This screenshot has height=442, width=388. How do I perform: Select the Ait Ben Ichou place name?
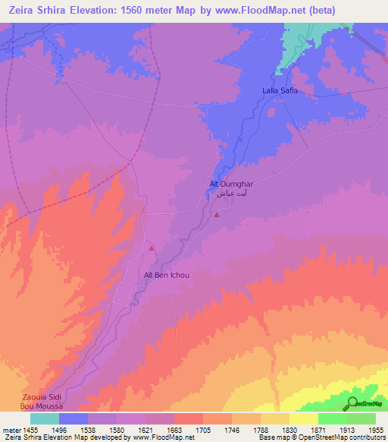[x=166, y=275]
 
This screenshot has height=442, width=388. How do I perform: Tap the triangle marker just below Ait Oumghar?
[x=217, y=215]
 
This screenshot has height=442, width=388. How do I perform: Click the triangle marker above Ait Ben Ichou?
[x=152, y=248]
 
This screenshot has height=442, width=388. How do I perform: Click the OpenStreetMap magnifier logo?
[x=351, y=403]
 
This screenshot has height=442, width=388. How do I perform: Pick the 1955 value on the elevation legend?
[x=375, y=429]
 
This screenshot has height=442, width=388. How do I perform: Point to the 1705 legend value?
[x=203, y=429]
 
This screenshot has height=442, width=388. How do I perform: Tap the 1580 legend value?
[x=117, y=429]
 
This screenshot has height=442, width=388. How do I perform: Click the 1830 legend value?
[x=289, y=429]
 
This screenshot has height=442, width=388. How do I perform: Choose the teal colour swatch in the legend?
[x=45, y=418]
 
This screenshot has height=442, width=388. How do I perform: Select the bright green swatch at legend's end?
[x=361, y=418]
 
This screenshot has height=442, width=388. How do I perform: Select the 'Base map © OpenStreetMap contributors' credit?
[x=321, y=437]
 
